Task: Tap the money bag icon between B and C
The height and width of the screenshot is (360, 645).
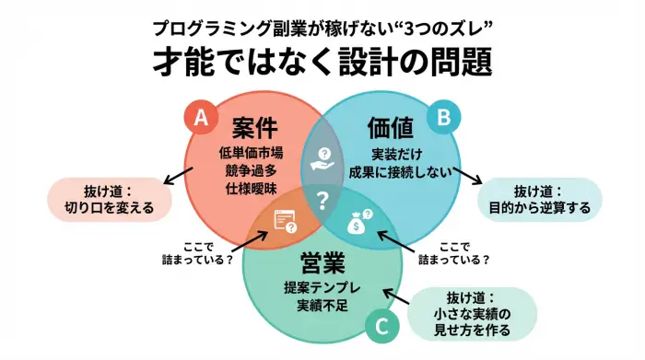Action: point(359,221)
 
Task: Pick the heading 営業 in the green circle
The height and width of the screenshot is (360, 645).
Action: point(322,260)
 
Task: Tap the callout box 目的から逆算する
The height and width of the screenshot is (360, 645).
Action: point(540,200)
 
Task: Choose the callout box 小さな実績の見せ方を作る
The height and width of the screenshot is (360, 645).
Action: point(472,313)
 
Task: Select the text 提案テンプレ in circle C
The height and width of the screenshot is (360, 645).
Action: point(322,287)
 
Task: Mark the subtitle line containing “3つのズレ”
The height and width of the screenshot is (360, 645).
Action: point(322,25)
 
